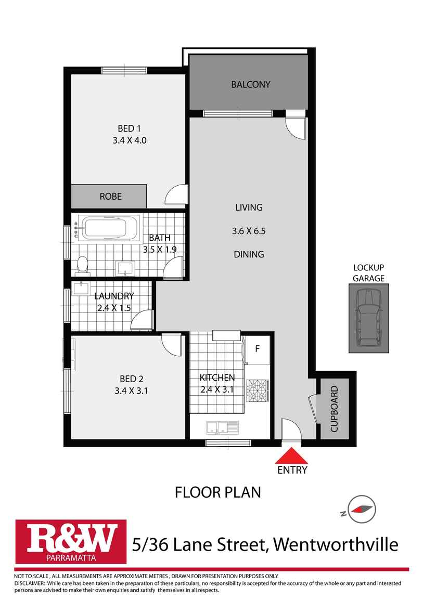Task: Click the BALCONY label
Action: pyautogui.click(x=251, y=84)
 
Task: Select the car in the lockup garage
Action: pyautogui.click(x=368, y=318)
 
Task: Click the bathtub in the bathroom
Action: pyautogui.click(x=110, y=228)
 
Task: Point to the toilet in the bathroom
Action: pyautogui.click(x=82, y=266)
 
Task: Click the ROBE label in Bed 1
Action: pyautogui.click(x=110, y=197)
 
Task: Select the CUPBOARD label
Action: pyautogui.click(x=334, y=409)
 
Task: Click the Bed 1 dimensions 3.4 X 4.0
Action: pyautogui.click(x=130, y=140)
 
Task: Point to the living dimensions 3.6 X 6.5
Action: pyautogui.click(x=249, y=231)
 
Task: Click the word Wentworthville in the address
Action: pyautogui.click(x=336, y=544)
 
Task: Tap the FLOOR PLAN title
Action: pyautogui.click(x=217, y=492)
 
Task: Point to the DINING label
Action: pyautogui.click(x=249, y=255)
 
